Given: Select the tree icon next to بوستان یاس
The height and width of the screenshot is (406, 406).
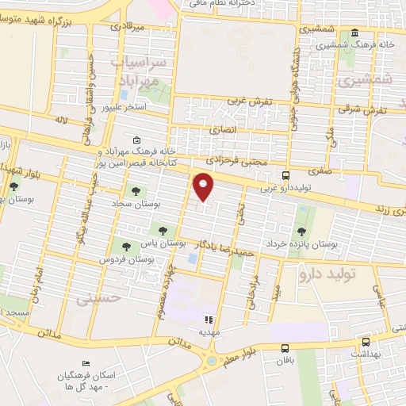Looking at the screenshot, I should (163, 230).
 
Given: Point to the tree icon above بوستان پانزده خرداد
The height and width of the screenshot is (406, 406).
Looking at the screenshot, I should (301, 232).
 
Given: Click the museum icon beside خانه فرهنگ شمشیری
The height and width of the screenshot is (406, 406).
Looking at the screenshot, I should (354, 34).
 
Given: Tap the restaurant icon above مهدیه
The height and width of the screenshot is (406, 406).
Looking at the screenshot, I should (209, 320).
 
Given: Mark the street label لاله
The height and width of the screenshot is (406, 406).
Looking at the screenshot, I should (61, 121).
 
